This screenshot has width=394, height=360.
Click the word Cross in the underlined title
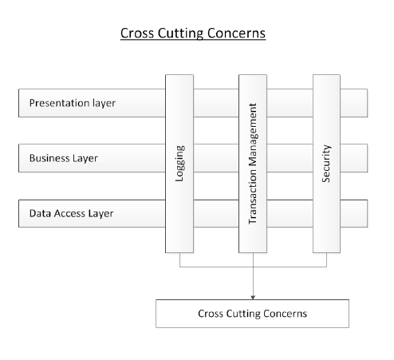pos(137,34)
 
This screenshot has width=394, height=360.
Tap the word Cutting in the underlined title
pos(180,34)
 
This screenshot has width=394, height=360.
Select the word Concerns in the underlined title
pos(236,34)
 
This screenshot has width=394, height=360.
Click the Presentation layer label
pos(73,103)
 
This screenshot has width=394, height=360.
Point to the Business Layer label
pos(64,158)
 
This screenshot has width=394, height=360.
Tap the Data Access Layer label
pos(71,213)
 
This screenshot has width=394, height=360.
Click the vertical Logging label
pos(179,164)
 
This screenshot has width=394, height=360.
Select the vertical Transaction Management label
pos(253,164)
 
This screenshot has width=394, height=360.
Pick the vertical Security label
pos(326,164)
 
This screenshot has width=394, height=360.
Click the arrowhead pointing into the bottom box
pos(253,297)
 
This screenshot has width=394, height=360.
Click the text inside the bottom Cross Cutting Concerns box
pos(252,314)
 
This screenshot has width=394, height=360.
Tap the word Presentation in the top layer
pos(59,103)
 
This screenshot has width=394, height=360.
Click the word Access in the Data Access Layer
pos(69,213)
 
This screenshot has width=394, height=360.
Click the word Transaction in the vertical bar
pos(253,196)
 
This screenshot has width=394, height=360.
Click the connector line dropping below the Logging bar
pos(179,259)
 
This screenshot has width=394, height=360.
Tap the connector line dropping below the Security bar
pos(326,259)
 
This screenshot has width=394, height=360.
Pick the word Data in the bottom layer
pos(40,213)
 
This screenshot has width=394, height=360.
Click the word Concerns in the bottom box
pos(286,314)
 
